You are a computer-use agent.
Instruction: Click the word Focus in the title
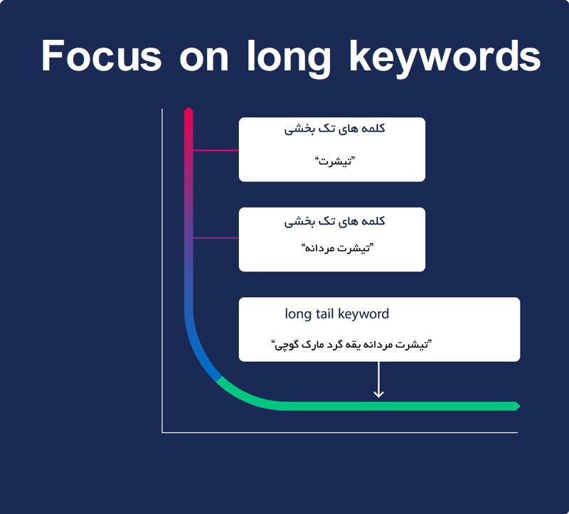pyautogui.click(x=102, y=55)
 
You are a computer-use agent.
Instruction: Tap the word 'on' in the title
pyautogui.click(x=204, y=59)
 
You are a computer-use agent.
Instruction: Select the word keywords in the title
pyautogui.click(x=445, y=58)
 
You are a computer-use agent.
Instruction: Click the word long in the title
pyautogui.click(x=289, y=58)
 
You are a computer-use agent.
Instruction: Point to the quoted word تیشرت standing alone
pyautogui.click(x=334, y=161)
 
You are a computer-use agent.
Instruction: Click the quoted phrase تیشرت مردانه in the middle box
pyautogui.click(x=337, y=248)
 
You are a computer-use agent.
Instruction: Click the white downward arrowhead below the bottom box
pyautogui.click(x=378, y=393)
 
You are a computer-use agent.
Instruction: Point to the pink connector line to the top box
pyautogui.click(x=216, y=150)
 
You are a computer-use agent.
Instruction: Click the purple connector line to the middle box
pyautogui.click(x=216, y=238)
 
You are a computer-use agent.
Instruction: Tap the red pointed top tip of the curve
pyautogui.click(x=188, y=108)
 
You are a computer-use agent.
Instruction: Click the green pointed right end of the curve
pyautogui.click(x=520, y=406)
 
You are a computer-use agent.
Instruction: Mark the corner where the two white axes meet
pyautogui.click(x=162, y=432)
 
